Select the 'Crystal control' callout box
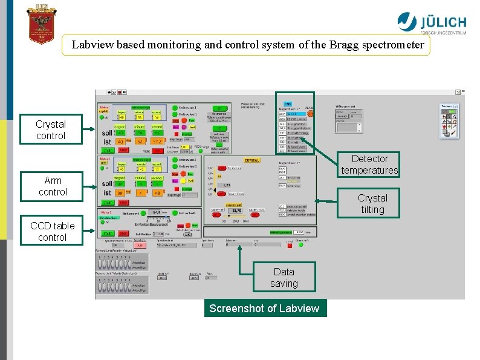(51, 130)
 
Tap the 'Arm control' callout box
(53, 186)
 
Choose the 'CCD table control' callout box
(53, 232)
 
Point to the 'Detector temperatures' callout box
(369, 165)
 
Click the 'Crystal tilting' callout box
(372, 204)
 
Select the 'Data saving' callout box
(284, 277)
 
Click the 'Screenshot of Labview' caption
(264, 309)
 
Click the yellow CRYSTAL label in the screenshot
(252, 160)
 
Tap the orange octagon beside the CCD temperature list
(310, 113)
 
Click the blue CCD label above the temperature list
(288, 104)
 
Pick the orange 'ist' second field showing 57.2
(157, 141)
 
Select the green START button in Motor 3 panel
(108, 233)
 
